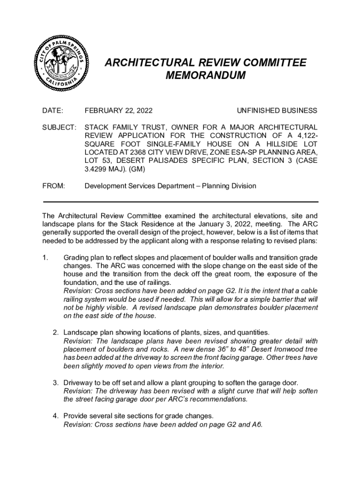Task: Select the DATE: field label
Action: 52,111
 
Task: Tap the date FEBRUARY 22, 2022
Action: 118,111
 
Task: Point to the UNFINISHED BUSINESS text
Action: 277,111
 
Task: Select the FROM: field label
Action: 53,186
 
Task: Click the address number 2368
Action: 139,152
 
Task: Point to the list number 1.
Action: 45,258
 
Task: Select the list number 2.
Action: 55,333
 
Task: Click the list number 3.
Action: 55,383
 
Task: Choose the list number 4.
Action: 55,416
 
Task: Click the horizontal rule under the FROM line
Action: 180,202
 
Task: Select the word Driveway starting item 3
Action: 79,383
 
